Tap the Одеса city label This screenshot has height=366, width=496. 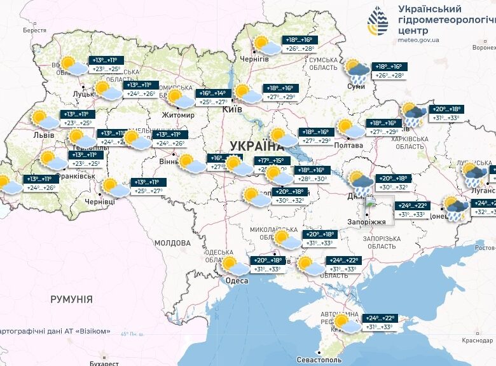pos(237,281)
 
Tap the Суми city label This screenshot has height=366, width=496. pos(355,86)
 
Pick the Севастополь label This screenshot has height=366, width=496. pos(321,360)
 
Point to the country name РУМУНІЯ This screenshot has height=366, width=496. pos(72,299)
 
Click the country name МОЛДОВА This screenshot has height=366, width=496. pos(172,243)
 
